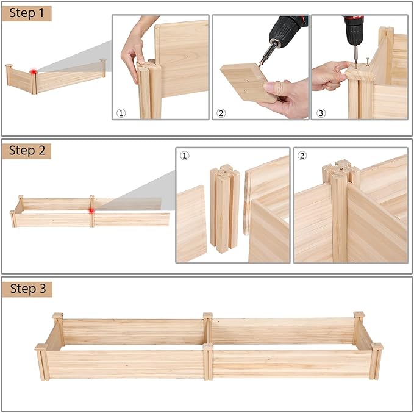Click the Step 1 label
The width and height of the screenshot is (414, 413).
[26, 13]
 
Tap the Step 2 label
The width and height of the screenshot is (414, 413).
[27, 151]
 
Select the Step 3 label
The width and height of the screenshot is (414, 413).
[27, 289]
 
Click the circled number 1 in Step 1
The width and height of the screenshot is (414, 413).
[121, 113]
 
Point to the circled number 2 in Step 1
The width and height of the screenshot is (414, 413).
[221, 113]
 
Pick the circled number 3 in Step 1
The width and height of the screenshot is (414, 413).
[321, 113]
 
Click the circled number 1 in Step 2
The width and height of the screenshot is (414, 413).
[185, 156]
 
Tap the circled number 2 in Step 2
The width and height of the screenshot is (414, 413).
[302, 156]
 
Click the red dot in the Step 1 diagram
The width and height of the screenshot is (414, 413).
[34, 71]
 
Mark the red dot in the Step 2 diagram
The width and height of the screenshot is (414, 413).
[91, 211]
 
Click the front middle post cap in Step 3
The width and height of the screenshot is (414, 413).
[208, 347]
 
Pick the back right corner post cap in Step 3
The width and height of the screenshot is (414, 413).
[359, 315]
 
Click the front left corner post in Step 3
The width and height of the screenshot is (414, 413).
[42, 362]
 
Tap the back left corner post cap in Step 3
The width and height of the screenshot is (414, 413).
[58, 315]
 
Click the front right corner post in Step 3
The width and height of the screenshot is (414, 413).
[376, 361]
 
